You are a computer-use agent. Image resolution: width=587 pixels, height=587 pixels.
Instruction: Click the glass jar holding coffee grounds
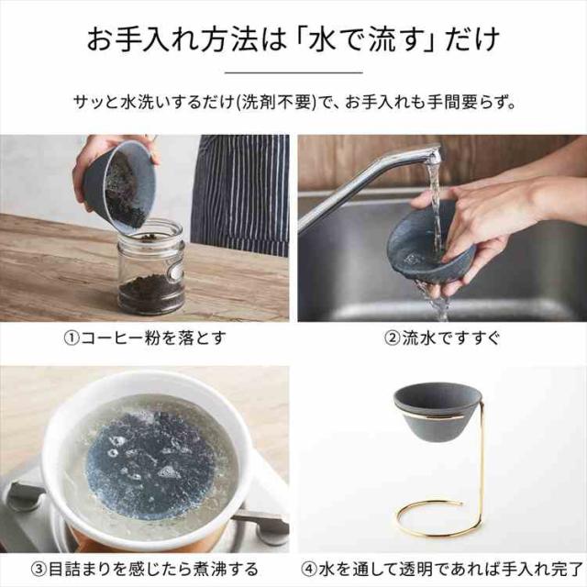[x=150, y=268]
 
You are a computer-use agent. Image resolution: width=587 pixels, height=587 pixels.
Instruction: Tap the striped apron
[x=240, y=194]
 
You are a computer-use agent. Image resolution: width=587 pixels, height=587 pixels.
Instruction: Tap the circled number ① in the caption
[x=72, y=338]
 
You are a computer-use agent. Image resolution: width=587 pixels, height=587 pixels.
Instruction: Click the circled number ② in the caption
[x=393, y=338]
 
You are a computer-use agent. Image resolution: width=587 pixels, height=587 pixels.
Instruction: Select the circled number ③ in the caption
[x=39, y=569]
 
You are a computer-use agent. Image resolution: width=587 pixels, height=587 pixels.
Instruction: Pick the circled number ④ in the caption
[x=309, y=569]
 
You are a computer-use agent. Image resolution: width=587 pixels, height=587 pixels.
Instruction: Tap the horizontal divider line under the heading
[x=293, y=72]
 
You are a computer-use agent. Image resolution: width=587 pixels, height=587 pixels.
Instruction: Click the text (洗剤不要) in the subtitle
[x=277, y=102]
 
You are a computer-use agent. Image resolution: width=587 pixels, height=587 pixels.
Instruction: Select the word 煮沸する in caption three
[x=226, y=569]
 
